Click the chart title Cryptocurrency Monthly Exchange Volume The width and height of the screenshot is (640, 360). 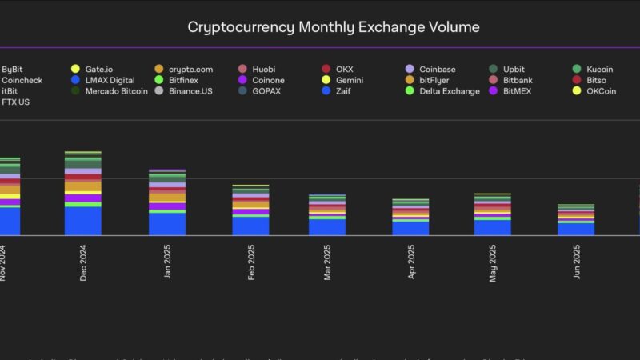(x=334, y=26)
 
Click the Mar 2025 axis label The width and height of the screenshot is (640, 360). (x=327, y=262)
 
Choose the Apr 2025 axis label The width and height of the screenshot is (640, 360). (x=412, y=262)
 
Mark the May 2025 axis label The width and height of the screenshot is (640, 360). (x=494, y=262)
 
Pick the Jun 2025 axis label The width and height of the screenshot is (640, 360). (x=577, y=262)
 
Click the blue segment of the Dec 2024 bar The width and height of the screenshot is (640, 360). (x=83, y=221)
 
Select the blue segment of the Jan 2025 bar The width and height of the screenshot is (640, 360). (x=166, y=224)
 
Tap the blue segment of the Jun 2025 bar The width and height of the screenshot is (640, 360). (x=576, y=229)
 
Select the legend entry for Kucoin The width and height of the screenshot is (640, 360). (x=598, y=70)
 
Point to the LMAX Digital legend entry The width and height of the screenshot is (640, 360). (x=109, y=81)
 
